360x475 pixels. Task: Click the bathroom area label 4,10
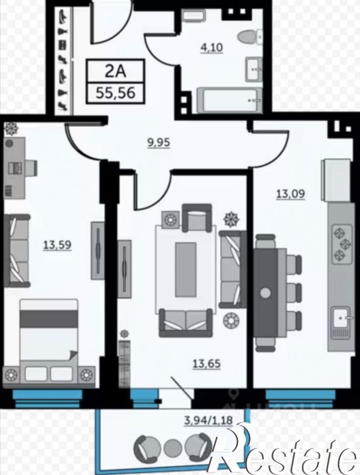coord(211,48)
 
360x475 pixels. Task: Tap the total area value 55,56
coord(115,93)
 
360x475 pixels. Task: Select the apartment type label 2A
coord(115,71)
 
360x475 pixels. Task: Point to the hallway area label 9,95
coord(158,142)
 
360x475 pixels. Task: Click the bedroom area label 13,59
coord(57,245)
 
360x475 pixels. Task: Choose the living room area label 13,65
coord(207,363)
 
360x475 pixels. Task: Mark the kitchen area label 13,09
coord(290,194)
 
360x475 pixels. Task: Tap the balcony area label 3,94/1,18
coord(209,420)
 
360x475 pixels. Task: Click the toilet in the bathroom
coord(250,37)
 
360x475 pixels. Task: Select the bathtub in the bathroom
coord(229,100)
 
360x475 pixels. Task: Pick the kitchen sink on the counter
coord(342,318)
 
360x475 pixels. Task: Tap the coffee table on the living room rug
coord(185,270)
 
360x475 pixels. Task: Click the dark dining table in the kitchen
coord(266,292)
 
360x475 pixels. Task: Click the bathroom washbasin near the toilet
coord(254,69)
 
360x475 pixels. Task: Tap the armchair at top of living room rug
coord(197,218)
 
